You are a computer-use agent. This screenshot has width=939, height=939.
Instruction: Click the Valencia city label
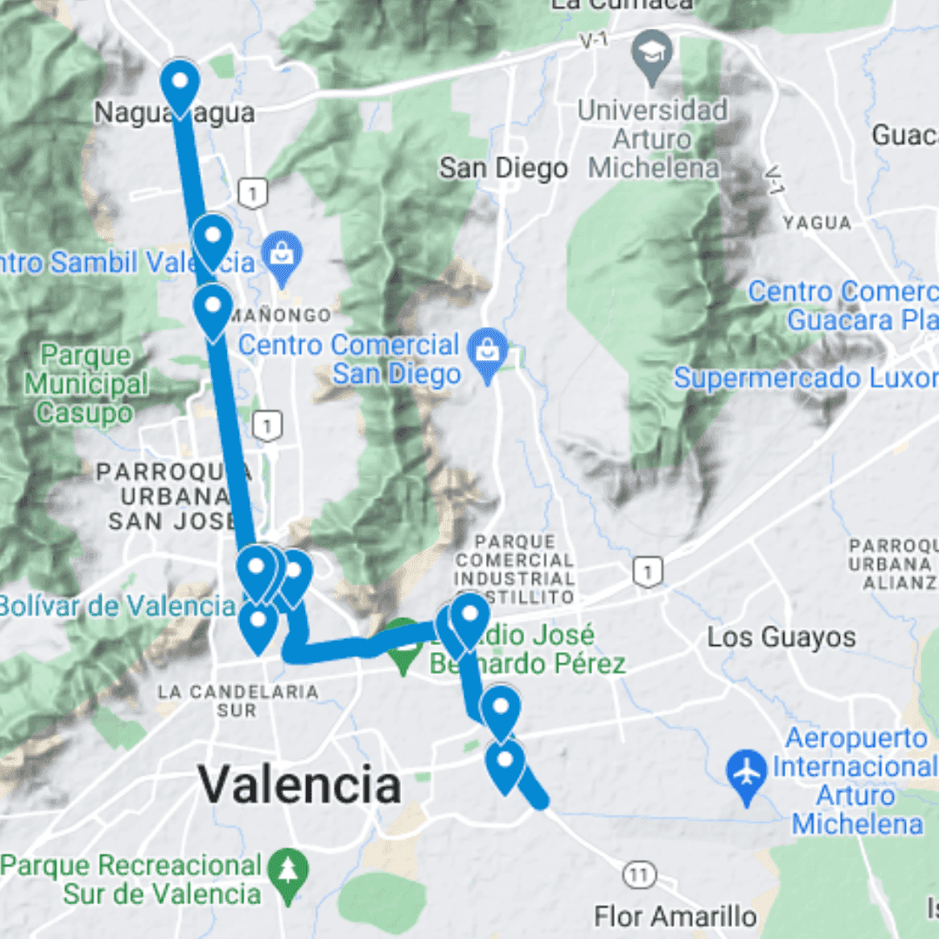click(x=299, y=785)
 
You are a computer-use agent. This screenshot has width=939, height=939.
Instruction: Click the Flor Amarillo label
click(x=675, y=916)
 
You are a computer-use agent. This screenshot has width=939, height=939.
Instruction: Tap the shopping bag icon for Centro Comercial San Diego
click(x=487, y=350)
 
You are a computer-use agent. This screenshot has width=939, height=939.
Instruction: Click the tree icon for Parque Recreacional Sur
click(x=287, y=869)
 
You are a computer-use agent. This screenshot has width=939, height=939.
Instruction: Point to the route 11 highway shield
click(x=640, y=874)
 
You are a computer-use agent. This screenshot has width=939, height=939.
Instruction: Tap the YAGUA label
click(x=816, y=223)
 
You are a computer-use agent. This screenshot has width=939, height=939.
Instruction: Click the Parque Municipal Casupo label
click(x=85, y=383)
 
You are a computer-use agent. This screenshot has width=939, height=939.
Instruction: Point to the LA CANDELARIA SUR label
click(x=237, y=701)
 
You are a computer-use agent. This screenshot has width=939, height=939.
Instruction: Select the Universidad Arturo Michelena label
click(x=653, y=138)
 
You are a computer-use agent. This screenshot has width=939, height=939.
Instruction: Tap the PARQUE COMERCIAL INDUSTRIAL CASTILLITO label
click(x=515, y=569)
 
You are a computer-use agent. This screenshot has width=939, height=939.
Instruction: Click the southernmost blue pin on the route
click(x=505, y=763)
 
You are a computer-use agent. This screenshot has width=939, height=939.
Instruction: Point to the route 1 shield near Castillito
click(x=648, y=571)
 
